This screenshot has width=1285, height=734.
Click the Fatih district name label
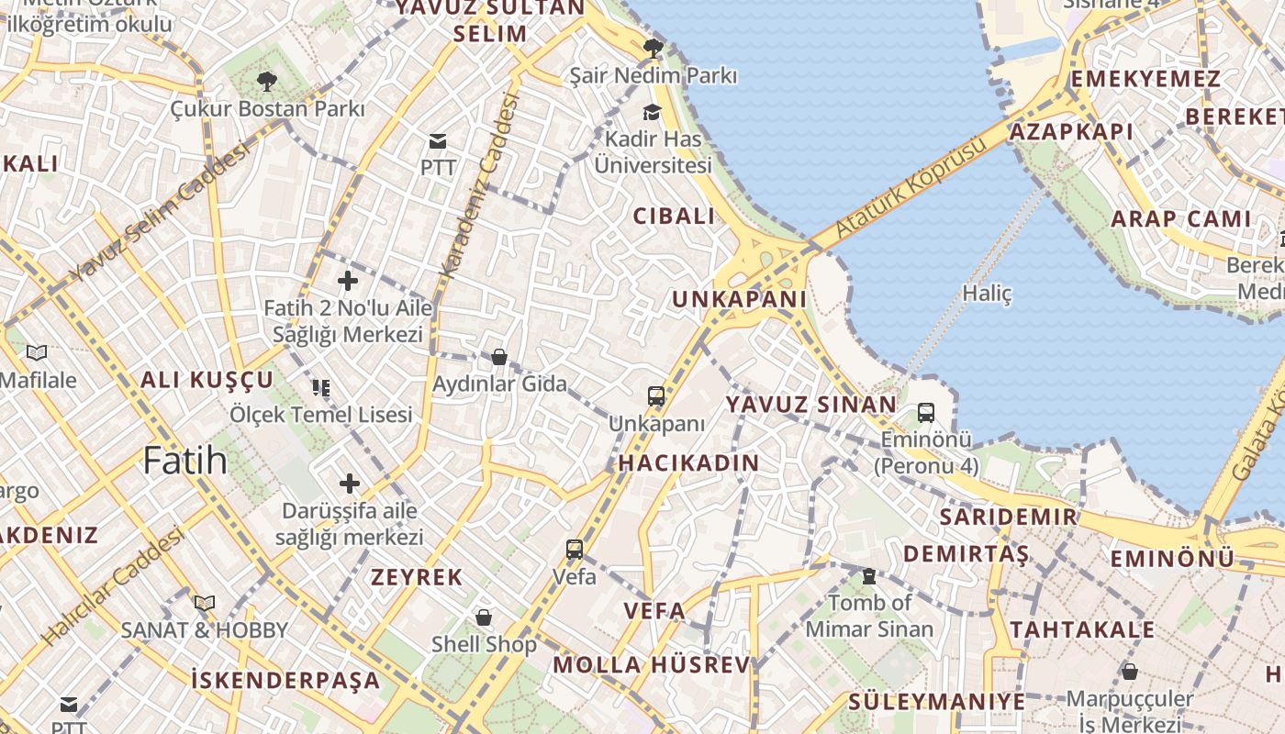[x=184, y=460]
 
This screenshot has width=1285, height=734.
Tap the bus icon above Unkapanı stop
[x=656, y=396]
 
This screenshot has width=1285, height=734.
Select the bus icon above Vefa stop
[x=575, y=550]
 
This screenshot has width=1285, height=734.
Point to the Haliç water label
[x=987, y=294]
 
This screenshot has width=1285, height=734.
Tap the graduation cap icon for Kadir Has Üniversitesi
[x=652, y=112]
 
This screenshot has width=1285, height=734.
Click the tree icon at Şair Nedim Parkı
[x=654, y=49]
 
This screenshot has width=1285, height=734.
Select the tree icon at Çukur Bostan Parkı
[x=267, y=82]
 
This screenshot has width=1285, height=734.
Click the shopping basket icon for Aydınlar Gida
[x=499, y=356]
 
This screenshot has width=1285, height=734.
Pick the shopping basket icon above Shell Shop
[x=484, y=617]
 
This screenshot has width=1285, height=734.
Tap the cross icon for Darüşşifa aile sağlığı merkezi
[x=350, y=483]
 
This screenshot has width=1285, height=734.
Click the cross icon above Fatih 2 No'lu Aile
[x=348, y=281]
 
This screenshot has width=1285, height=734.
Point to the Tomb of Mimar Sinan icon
[x=868, y=576]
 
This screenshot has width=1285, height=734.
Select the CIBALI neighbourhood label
[x=674, y=217]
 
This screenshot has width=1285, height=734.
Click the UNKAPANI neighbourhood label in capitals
[x=739, y=299]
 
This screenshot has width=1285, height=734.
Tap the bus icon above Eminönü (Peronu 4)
[x=925, y=413]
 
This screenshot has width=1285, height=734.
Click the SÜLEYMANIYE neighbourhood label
[x=936, y=702]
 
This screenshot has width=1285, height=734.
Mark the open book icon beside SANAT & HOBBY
[x=205, y=603]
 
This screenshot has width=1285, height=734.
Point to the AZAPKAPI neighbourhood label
[x=1071, y=131]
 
